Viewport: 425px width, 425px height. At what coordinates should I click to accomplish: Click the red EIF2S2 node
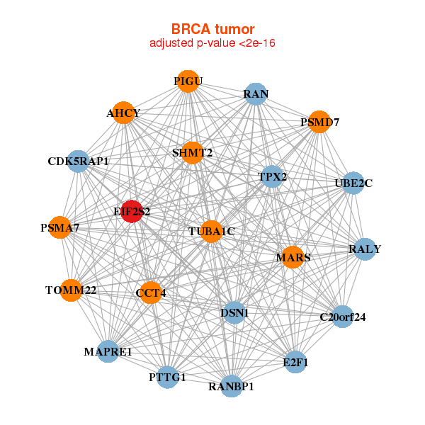(131, 211)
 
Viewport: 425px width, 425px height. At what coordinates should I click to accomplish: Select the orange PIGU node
(187, 81)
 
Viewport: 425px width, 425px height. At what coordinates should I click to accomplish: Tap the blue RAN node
(255, 94)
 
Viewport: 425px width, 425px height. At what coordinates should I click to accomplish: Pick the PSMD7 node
(319, 122)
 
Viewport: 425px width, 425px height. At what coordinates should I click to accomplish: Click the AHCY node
(124, 113)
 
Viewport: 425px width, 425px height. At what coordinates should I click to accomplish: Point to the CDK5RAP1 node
(78, 161)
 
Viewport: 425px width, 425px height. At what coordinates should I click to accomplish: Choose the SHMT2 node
(192, 152)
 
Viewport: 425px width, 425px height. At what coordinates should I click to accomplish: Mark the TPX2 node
(272, 176)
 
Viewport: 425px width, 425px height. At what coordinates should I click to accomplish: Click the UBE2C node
(353, 183)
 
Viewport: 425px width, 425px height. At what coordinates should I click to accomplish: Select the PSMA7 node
(60, 228)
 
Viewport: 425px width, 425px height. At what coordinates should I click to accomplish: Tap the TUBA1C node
(211, 232)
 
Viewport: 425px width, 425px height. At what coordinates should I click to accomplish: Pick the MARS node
(293, 256)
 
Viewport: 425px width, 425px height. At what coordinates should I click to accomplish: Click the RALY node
(364, 249)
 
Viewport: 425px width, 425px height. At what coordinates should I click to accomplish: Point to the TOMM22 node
(71, 290)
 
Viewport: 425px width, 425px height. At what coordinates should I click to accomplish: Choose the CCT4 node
(150, 293)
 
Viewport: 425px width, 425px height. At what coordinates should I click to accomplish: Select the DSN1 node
(234, 312)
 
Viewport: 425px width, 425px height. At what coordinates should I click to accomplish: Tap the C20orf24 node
(342, 317)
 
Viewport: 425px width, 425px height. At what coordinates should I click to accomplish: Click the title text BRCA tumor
(212, 29)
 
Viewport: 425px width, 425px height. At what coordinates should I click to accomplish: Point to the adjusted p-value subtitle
(212, 43)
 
